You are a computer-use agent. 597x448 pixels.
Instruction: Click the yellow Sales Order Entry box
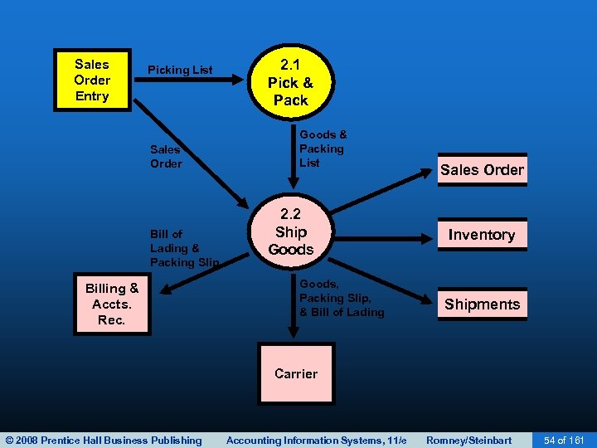(91, 80)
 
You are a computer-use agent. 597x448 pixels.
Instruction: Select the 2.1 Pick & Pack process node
(290, 83)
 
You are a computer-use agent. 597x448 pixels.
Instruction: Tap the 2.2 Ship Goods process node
(290, 232)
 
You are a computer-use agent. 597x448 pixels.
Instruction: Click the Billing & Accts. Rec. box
(112, 304)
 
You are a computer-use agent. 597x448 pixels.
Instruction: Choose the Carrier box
(296, 373)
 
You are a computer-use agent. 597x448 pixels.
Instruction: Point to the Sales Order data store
(482, 170)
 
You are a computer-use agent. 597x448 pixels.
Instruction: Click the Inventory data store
(482, 235)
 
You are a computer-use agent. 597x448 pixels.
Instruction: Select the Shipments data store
(482, 304)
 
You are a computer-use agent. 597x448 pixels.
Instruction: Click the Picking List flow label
(180, 71)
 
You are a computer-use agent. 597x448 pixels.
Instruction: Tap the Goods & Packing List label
(323, 149)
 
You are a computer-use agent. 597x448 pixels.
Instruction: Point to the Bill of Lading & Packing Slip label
(184, 248)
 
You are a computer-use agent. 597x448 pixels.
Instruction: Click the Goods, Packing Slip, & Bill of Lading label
(342, 298)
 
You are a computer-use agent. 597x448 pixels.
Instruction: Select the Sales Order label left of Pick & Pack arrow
(166, 157)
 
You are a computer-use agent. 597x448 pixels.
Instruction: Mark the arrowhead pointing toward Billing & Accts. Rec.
(167, 290)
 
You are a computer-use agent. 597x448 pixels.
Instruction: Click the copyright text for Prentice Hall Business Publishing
(104, 440)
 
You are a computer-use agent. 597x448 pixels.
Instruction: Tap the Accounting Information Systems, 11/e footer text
(317, 440)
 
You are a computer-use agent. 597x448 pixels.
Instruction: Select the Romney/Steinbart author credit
(468, 440)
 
